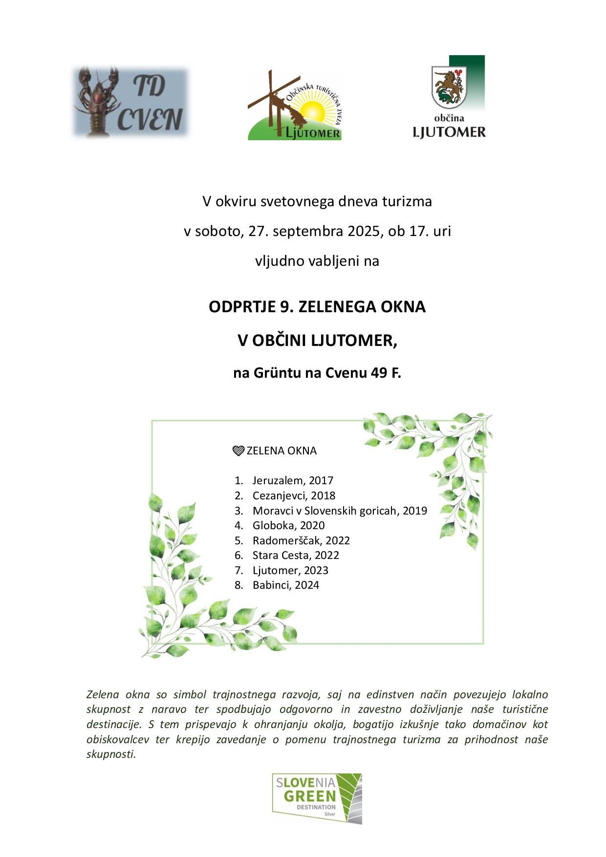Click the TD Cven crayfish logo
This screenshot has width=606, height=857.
click(130, 102)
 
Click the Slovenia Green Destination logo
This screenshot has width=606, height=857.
click(317, 798)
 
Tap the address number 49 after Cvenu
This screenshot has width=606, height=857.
click(379, 373)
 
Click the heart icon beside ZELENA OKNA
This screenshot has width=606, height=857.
click(238, 450)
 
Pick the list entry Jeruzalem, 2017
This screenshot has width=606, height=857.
click(293, 480)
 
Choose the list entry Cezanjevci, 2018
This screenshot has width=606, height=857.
click(294, 495)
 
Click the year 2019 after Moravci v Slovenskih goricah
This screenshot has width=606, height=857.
click(415, 511)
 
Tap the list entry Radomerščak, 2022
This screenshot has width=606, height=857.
click(301, 540)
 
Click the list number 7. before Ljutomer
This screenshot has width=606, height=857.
click(239, 570)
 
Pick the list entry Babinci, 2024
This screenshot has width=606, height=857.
click(286, 585)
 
